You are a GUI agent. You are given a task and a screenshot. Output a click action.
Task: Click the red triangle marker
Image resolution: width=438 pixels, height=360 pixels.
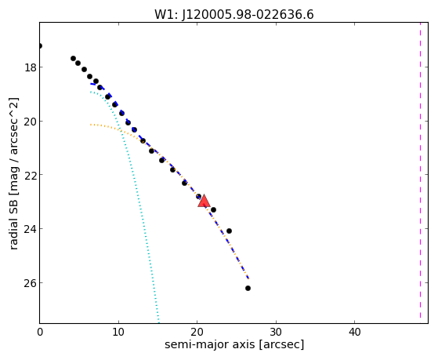(x=204, y=201)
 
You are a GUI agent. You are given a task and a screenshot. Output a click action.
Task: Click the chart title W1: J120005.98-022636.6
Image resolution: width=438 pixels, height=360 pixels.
(x=234, y=15)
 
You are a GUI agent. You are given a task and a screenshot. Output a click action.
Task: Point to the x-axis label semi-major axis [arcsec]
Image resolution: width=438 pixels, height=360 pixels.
(x=234, y=344)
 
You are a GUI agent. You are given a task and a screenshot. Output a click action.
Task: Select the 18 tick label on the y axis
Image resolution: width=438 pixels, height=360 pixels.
(x=31, y=67)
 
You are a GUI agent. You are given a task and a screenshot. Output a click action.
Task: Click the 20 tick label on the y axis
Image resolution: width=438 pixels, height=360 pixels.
(x=31, y=122)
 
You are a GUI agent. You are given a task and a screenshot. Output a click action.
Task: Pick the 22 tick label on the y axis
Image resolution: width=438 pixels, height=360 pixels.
(x=31, y=175)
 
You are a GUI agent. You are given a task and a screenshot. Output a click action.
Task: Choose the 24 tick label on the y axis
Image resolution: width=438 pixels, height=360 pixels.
(x=31, y=229)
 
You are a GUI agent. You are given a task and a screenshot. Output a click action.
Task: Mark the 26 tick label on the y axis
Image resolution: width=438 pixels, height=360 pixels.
(x=31, y=283)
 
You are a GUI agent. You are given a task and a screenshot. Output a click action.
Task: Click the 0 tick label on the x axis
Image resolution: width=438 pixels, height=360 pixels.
(x=40, y=332)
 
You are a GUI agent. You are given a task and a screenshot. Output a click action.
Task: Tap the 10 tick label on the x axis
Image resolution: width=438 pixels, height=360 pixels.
(x=118, y=332)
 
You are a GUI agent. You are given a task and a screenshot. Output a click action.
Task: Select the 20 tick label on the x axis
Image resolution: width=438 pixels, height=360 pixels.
(x=197, y=332)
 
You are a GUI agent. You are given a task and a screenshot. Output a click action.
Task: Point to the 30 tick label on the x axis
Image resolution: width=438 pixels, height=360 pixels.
(x=276, y=332)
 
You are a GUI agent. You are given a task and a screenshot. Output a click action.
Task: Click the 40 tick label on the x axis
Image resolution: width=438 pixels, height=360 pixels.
(x=355, y=332)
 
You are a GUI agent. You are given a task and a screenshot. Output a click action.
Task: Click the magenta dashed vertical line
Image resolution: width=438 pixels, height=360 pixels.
(x=420, y=171)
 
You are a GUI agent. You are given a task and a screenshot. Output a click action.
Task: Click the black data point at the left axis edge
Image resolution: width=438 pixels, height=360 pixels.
(x=40, y=45)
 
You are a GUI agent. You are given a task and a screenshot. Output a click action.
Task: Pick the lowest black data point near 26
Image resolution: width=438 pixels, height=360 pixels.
(x=248, y=288)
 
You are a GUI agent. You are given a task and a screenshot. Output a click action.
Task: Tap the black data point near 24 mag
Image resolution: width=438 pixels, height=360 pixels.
(x=229, y=231)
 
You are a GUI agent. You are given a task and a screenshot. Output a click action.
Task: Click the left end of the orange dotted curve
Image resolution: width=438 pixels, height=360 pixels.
(x=91, y=125)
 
